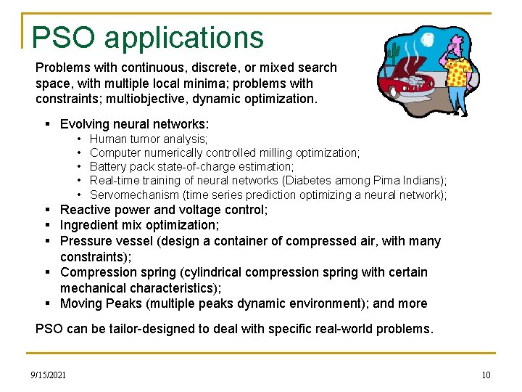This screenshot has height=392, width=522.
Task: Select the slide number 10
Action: (486, 375)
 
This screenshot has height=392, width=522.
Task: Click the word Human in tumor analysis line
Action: (107, 139)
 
